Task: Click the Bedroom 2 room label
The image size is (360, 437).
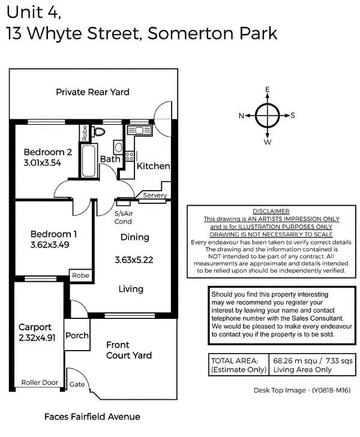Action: click(x=48, y=151)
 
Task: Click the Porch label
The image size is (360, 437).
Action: click(x=77, y=336)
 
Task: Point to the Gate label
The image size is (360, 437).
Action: click(x=77, y=384)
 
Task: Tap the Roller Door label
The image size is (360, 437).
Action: click(x=40, y=382)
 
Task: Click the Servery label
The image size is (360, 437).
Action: click(x=155, y=195)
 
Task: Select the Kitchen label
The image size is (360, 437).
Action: click(x=153, y=166)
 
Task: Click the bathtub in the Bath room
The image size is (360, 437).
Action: click(x=89, y=159)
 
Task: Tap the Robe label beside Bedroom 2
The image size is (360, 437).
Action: click(x=85, y=132)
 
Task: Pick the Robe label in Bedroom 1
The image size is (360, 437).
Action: click(x=80, y=275)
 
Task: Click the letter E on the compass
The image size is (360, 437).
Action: click(x=268, y=89)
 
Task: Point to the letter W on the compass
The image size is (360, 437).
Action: click(x=268, y=143)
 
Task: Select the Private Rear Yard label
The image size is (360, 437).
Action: click(x=92, y=92)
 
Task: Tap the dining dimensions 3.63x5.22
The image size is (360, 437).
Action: click(x=134, y=260)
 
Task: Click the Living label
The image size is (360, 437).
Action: click(x=131, y=289)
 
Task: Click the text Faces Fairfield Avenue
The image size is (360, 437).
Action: click(x=92, y=417)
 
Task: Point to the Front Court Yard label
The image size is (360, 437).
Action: click(x=128, y=350)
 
